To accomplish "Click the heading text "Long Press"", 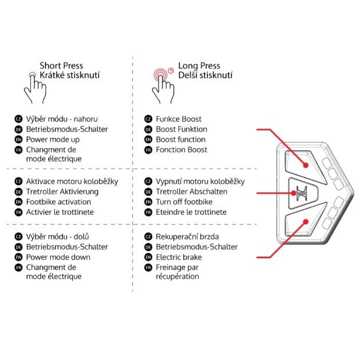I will click(x=199, y=66).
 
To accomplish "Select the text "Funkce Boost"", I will click(x=179, y=119).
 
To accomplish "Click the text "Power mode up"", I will click(x=53, y=140).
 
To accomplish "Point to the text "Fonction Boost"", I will click(x=181, y=150).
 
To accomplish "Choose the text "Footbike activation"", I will click(x=58, y=202).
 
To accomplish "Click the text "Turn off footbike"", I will click(x=184, y=202).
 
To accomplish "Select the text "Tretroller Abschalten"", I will click(x=191, y=192).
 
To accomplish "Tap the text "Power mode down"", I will click(x=58, y=258).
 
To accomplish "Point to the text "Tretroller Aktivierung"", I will click(x=62, y=192).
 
